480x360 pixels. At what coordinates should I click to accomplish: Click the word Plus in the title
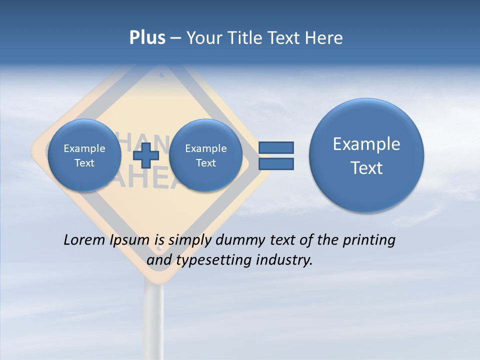(147, 38)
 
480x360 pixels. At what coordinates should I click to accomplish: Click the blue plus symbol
(146, 155)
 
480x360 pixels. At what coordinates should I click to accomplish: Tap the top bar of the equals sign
(276, 147)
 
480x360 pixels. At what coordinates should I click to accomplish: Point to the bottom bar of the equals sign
(276, 163)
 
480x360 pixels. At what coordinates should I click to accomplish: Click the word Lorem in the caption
(84, 240)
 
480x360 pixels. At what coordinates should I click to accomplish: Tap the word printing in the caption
(368, 240)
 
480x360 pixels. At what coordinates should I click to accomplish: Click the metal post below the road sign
(154, 315)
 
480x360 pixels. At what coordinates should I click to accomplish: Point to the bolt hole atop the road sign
(162, 75)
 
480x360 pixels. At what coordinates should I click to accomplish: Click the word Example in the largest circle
(366, 144)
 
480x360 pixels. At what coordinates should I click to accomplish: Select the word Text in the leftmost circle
(84, 163)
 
